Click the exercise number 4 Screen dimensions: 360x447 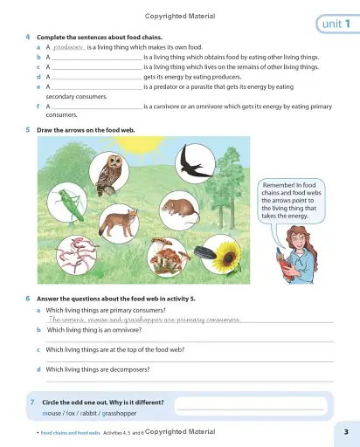point(29,38)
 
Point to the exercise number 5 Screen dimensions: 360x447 point(29,130)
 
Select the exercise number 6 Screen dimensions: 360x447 point(29,299)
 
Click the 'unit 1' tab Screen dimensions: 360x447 point(335,24)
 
